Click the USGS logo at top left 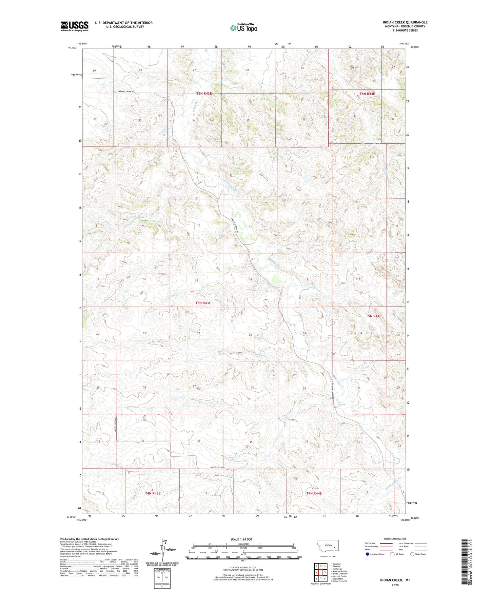coord(74,26)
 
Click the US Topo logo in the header coord(243,28)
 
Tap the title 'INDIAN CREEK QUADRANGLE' coord(405,22)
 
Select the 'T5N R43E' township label coord(203,303)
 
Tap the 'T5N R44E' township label coord(373,316)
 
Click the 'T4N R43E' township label coord(153,493)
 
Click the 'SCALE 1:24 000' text coord(241,539)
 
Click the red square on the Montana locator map coord(334,547)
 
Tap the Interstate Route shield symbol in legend coord(368,554)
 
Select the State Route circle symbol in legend coord(412,554)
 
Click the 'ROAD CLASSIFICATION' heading coord(395,539)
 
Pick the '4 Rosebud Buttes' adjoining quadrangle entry coord(339,571)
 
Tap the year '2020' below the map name coord(395,585)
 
